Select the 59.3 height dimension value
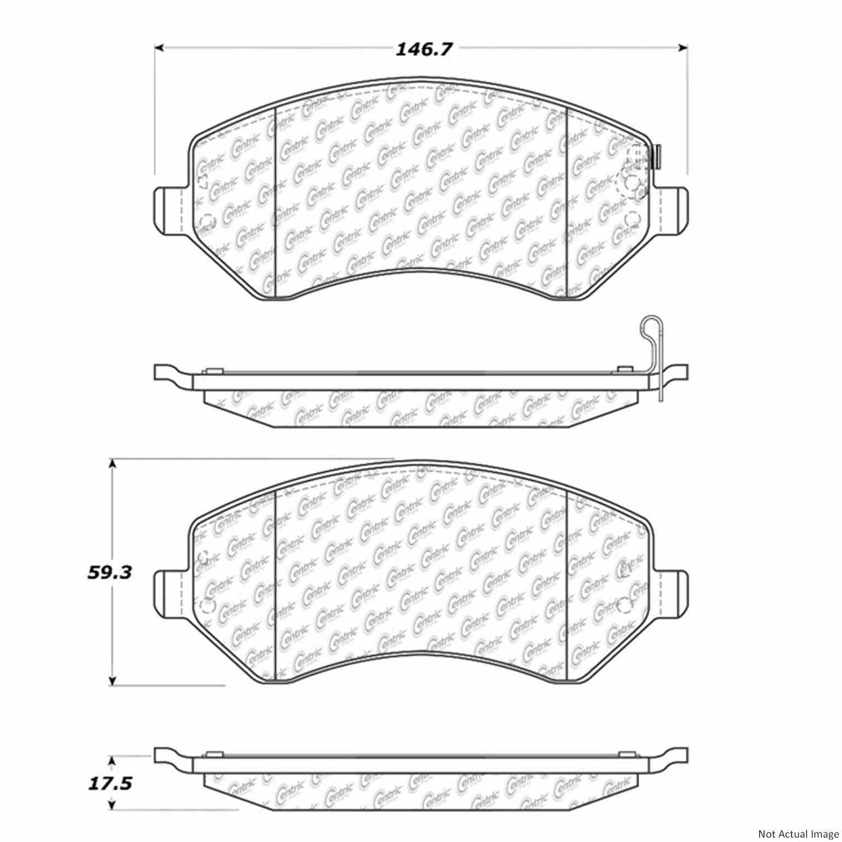click(x=110, y=573)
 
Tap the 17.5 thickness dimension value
click(x=110, y=783)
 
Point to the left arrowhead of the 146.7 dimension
click(x=160, y=48)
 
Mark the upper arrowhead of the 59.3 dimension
click(x=112, y=464)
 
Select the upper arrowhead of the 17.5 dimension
click(x=112, y=762)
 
